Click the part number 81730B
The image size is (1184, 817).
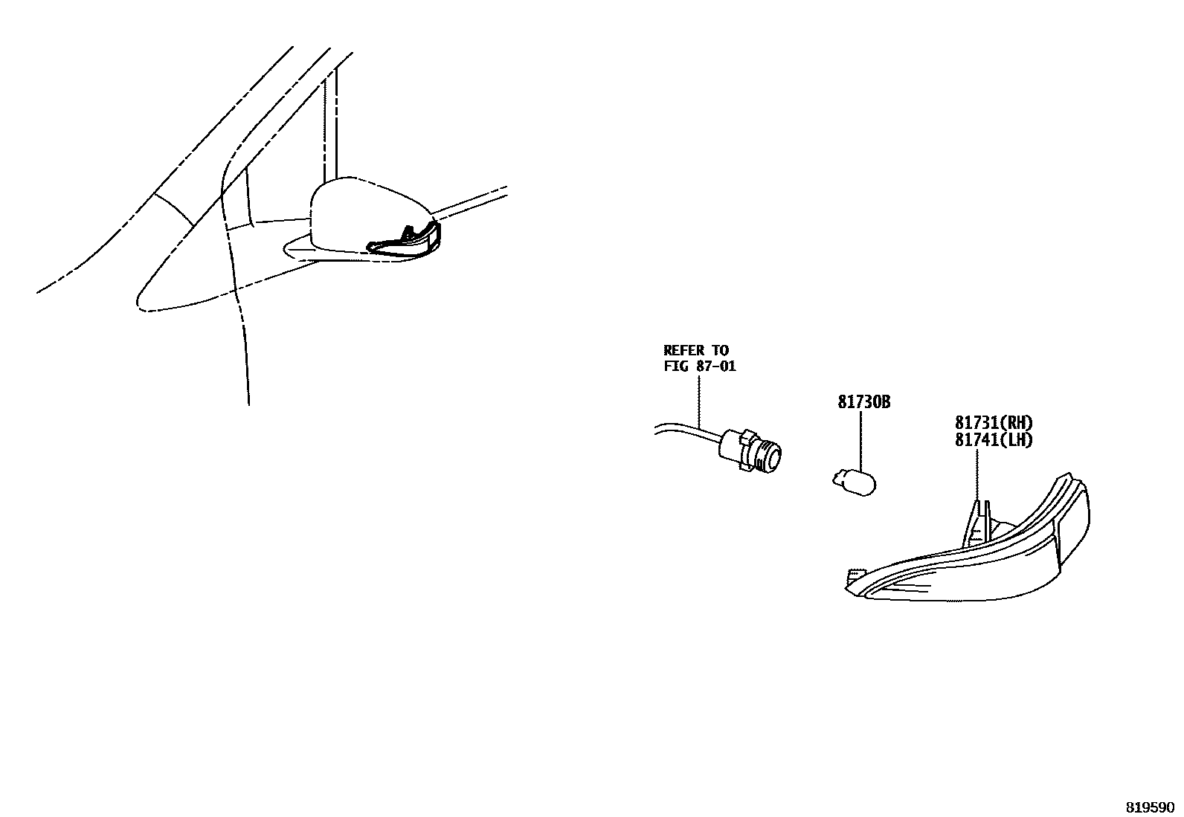point(863,402)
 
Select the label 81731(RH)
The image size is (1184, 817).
point(994,423)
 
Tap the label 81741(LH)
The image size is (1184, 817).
point(994,439)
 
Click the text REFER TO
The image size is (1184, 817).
point(696,350)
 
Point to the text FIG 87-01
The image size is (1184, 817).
point(700,366)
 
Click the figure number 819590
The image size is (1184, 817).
point(1148,807)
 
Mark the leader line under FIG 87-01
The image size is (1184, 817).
point(700,401)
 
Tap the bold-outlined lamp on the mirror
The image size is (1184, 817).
point(405,242)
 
